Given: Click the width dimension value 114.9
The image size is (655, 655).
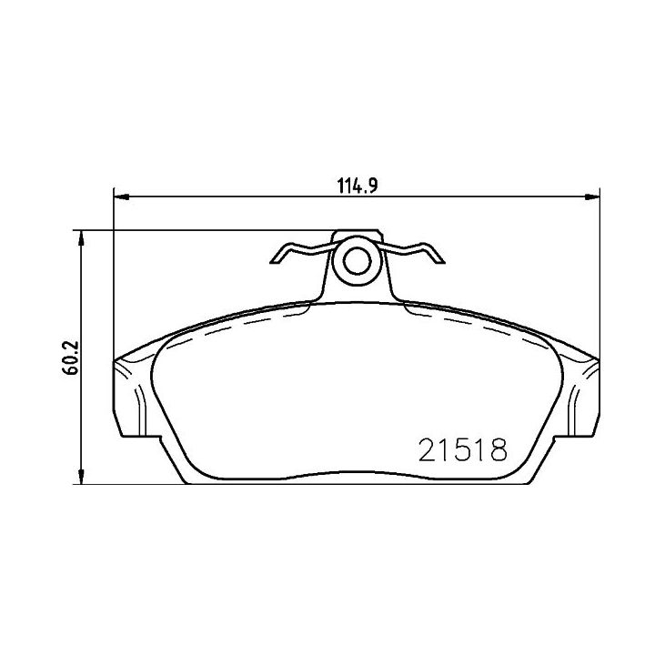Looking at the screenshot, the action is pos(358,186).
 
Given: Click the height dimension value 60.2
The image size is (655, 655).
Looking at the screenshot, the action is pos(71,358).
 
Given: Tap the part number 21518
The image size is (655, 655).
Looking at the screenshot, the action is pos(463,449).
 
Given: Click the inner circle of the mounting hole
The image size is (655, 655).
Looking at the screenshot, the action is pos(358,261).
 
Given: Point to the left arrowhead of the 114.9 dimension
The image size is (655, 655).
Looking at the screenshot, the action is pos(121,196).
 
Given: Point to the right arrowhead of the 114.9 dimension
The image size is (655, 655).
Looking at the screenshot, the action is pos(592,196).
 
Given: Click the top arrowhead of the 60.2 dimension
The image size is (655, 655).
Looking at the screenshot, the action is pos(82,238).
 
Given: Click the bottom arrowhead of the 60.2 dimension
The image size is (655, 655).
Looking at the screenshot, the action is pos(82,476).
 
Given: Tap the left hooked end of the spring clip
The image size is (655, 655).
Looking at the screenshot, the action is pos(277,256).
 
